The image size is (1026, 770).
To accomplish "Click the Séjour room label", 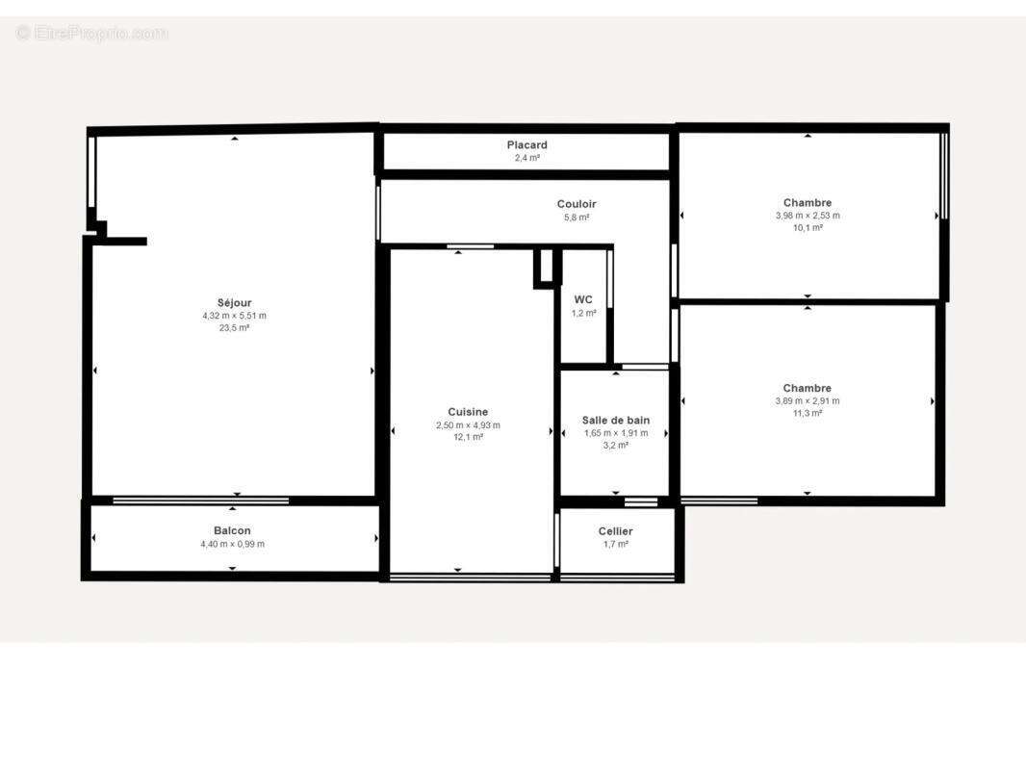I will [234, 303].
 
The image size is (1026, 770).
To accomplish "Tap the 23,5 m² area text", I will [234, 328].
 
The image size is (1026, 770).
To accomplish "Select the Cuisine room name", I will [468, 412].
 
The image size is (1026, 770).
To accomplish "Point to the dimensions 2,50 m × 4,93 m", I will [468, 424].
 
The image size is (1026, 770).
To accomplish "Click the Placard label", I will [527, 145].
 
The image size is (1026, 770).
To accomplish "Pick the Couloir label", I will [577, 204].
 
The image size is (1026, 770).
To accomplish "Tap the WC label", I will [583, 299].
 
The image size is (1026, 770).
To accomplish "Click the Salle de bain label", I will [616, 420].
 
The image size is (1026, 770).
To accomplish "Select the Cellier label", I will [616, 531].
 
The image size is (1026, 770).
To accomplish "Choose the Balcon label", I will [232, 531].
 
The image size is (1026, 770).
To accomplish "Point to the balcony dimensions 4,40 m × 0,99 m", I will [232, 544].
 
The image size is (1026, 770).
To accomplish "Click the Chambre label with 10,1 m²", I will [808, 203].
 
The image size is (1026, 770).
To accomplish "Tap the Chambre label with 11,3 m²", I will [808, 389].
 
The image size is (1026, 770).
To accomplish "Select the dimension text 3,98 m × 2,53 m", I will [808, 216].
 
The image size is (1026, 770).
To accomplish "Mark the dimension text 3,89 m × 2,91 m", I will [808, 401].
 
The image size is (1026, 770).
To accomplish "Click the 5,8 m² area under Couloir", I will [577, 218].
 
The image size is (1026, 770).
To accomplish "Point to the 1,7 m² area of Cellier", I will [616, 545].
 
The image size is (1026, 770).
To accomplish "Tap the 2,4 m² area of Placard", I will [527, 158].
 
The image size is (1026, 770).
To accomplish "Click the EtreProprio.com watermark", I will [92, 34].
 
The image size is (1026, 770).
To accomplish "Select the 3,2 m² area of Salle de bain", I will [616, 446].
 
